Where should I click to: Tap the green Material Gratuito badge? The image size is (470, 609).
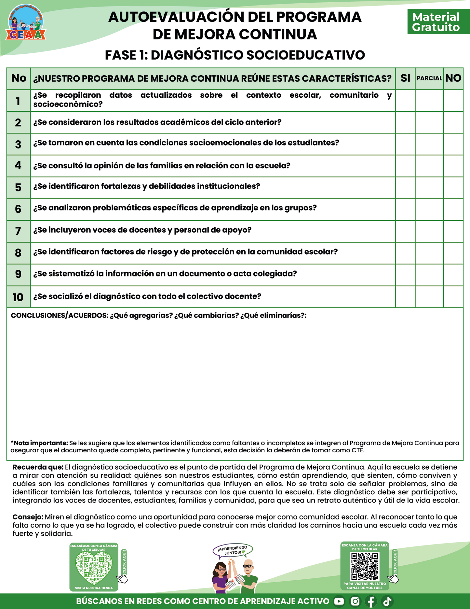436,22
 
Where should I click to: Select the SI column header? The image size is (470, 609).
405,78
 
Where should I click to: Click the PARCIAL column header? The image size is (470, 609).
429,78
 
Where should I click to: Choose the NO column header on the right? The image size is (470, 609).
453,78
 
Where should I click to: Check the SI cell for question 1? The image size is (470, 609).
405,100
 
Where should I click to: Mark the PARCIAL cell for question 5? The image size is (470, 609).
429,188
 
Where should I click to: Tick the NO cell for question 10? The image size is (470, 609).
453,297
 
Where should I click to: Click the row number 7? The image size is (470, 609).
18,231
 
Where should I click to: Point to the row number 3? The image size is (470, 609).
18,144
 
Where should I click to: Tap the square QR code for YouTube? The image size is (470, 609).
365,567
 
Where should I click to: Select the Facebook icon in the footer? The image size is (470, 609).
371,602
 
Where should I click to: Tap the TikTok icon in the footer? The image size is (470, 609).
387,602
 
